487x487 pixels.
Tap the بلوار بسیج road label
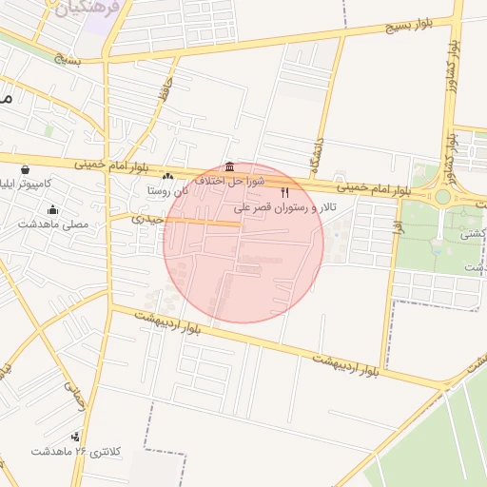409,25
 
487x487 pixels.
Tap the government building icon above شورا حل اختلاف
228,165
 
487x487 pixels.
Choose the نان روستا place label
168,190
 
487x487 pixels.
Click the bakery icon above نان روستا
168,176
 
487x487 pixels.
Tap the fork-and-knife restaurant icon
283,192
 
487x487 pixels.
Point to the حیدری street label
149,219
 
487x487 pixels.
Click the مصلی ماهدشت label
52,224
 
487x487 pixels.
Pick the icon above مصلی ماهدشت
52,210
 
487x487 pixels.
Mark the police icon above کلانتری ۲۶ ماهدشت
76,436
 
